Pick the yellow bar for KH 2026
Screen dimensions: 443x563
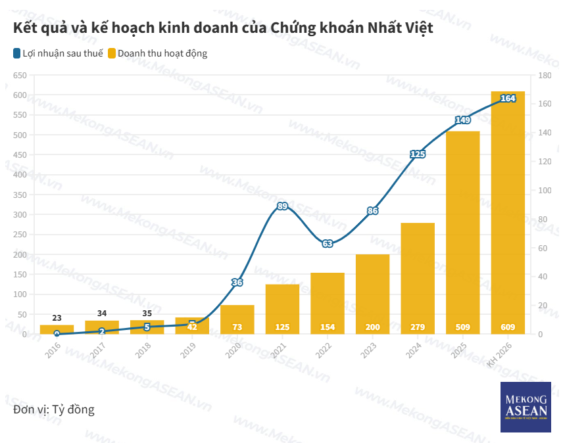tap(508, 217)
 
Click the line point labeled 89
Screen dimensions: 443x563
tap(282, 206)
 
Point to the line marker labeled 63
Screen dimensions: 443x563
tap(328, 243)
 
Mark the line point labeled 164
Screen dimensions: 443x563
tap(508, 99)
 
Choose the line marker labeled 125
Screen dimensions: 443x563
tap(418, 154)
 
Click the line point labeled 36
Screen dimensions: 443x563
tap(237, 283)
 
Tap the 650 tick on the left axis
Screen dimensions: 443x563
tap(19, 76)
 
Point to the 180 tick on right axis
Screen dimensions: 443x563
tap(545, 76)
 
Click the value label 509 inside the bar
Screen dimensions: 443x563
tap(462, 327)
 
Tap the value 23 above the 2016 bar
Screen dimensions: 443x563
tap(57, 317)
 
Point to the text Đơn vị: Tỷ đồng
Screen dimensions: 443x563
tap(54, 409)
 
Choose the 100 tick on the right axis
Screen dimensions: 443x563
tap(545, 191)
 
